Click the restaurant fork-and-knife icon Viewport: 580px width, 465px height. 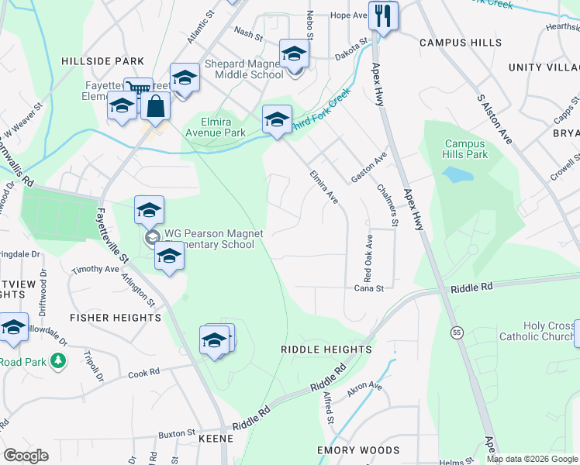[383, 15]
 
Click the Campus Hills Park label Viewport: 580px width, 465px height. [465, 149]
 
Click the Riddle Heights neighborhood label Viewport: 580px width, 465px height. [326, 350]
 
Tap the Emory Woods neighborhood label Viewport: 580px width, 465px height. [358, 450]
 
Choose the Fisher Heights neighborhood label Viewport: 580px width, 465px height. [115, 318]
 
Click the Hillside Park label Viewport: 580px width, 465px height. [103, 60]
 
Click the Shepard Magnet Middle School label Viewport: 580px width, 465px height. [232, 70]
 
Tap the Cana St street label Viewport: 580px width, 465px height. [369, 288]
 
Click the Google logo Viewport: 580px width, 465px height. [26, 456]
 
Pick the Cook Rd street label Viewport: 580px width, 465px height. [143, 373]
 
